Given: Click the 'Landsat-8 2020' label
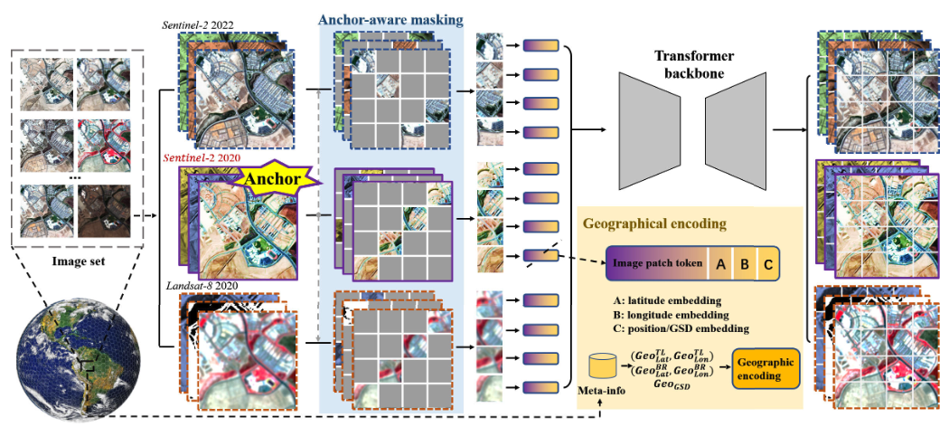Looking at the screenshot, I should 204,288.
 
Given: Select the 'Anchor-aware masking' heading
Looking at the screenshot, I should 390,19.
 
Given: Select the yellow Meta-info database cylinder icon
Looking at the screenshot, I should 602,366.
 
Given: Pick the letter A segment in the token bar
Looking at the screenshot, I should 722,264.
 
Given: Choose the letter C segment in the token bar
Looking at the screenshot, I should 767,264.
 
